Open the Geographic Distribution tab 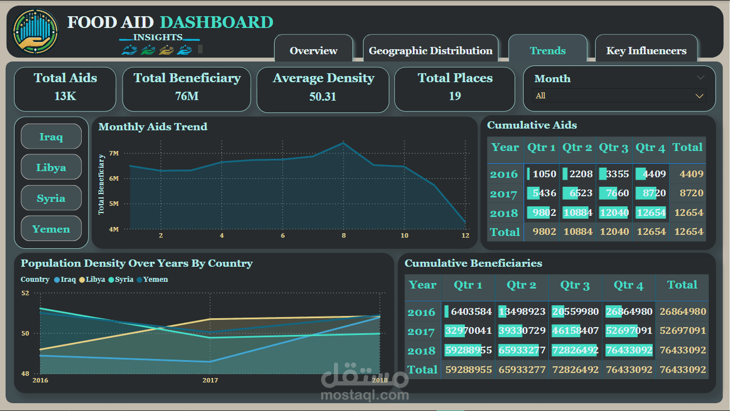pyautogui.click(x=430, y=51)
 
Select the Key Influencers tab pyautogui.click(x=646, y=51)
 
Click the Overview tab pyautogui.click(x=313, y=51)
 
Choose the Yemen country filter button pyautogui.click(x=51, y=229)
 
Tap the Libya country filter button pyautogui.click(x=51, y=167)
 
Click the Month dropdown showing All pyautogui.click(x=620, y=96)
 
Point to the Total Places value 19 pyautogui.click(x=455, y=96)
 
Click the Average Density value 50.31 pyautogui.click(x=323, y=97)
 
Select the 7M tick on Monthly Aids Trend pyautogui.click(x=114, y=153)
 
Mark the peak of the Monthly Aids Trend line pyautogui.click(x=343, y=143)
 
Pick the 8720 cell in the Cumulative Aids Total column pyautogui.click(x=691, y=193)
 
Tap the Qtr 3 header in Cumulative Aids pyautogui.click(x=614, y=148)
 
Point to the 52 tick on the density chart pyautogui.click(x=26, y=292)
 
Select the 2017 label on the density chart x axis pyautogui.click(x=210, y=380)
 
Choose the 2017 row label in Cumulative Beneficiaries pyautogui.click(x=421, y=332)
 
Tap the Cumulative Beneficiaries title pyautogui.click(x=473, y=263)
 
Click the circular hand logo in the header pyautogui.click(x=35, y=31)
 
